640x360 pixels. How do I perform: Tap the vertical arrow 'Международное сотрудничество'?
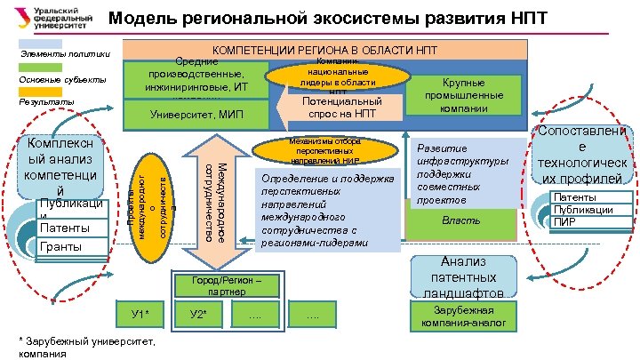click(x=214, y=200)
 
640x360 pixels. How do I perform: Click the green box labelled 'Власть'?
click(x=460, y=219)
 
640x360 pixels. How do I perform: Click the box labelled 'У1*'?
click(x=140, y=314)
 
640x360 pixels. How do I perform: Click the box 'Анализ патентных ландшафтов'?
click(x=460, y=276)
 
